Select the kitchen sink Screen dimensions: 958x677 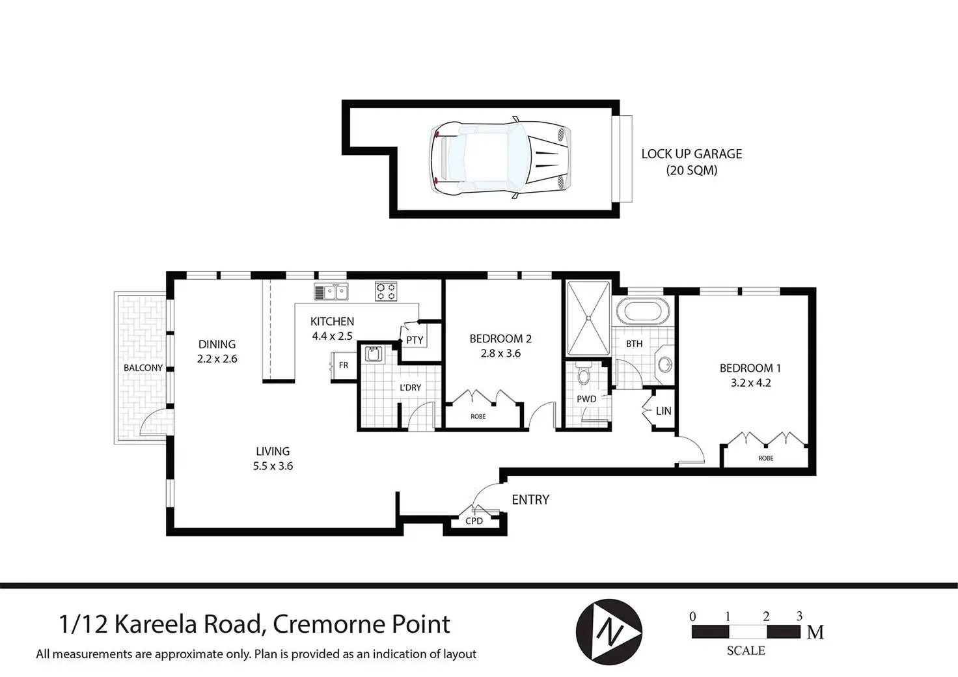click(x=331, y=292)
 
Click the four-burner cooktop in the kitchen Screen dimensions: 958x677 click(x=386, y=291)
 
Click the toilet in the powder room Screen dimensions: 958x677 click(x=583, y=374)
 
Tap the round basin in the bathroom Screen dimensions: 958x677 click(x=664, y=365)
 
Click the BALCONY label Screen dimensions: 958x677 click(x=143, y=368)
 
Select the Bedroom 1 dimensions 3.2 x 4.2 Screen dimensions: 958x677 click(x=750, y=383)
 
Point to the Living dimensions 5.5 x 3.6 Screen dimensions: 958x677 click(x=273, y=466)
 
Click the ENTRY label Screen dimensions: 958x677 click(x=530, y=499)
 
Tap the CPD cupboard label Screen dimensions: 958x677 click(x=474, y=521)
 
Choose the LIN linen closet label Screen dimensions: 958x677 click(x=663, y=411)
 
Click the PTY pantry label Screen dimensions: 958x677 click(x=415, y=340)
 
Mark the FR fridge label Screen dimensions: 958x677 click(x=344, y=365)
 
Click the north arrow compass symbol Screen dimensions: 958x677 click(x=609, y=631)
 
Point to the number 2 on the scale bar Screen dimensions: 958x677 click(x=766, y=616)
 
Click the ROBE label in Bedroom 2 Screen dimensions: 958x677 click(x=478, y=417)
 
